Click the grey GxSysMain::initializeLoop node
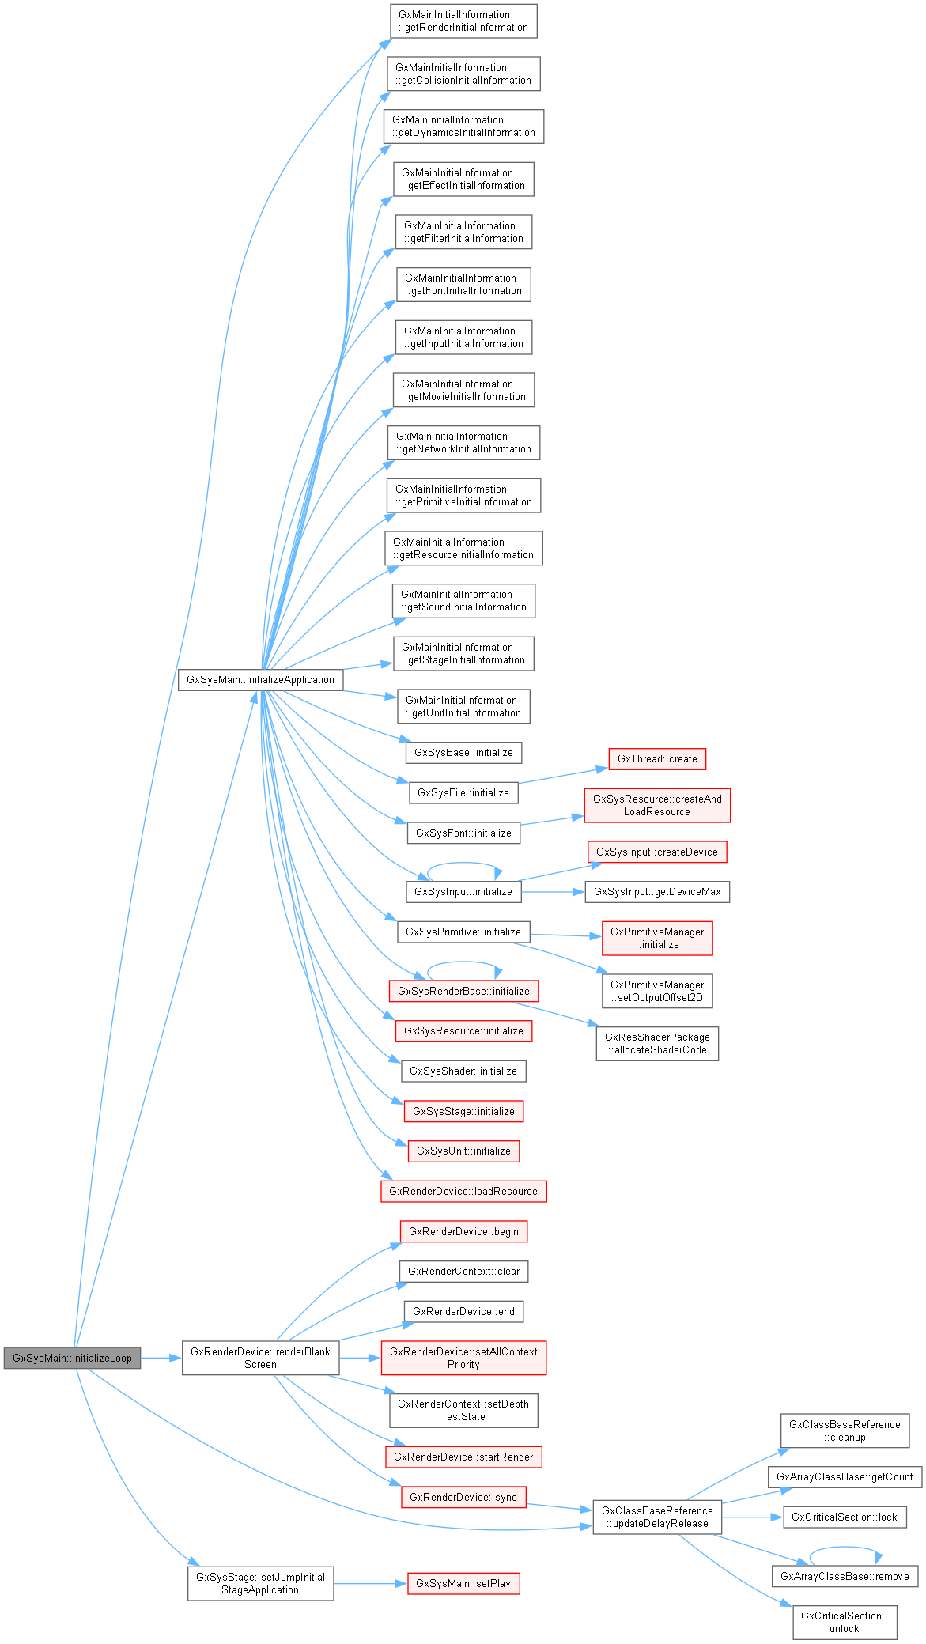pyautogui.click(x=72, y=1358)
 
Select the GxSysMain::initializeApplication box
pyautogui.click(x=260, y=679)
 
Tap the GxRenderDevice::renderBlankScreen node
pyautogui.click(x=260, y=1358)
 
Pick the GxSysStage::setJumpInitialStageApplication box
pyautogui.click(x=260, y=1583)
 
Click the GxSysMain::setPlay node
pyautogui.click(x=463, y=1583)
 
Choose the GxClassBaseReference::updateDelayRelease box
pyautogui.click(x=657, y=1517)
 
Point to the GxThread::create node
pyautogui.click(x=657, y=758)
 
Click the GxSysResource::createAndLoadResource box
pyautogui.click(x=657, y=805)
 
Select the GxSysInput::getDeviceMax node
pyautogui.click(x=657, y=891)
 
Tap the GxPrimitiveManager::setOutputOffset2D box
pyautogui.click(x=657, y=991)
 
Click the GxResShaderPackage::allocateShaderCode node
pyautogui.click(x=657, y=1043)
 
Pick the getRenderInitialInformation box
pyautogui.click(x=463, y=21)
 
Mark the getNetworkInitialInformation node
pyautogui.click(x=463, y=442)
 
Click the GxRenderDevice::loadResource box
pyautogui.click(x=463, y=1191)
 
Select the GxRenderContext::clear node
pyautogui.click(x=463, y=1271)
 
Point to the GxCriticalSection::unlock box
pyautogui.click(x=845, y=1622)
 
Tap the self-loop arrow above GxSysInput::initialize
pyautogui.click(x=464, y=864)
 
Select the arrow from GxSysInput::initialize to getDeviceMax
pyautogui.click(x=552, y=892)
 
